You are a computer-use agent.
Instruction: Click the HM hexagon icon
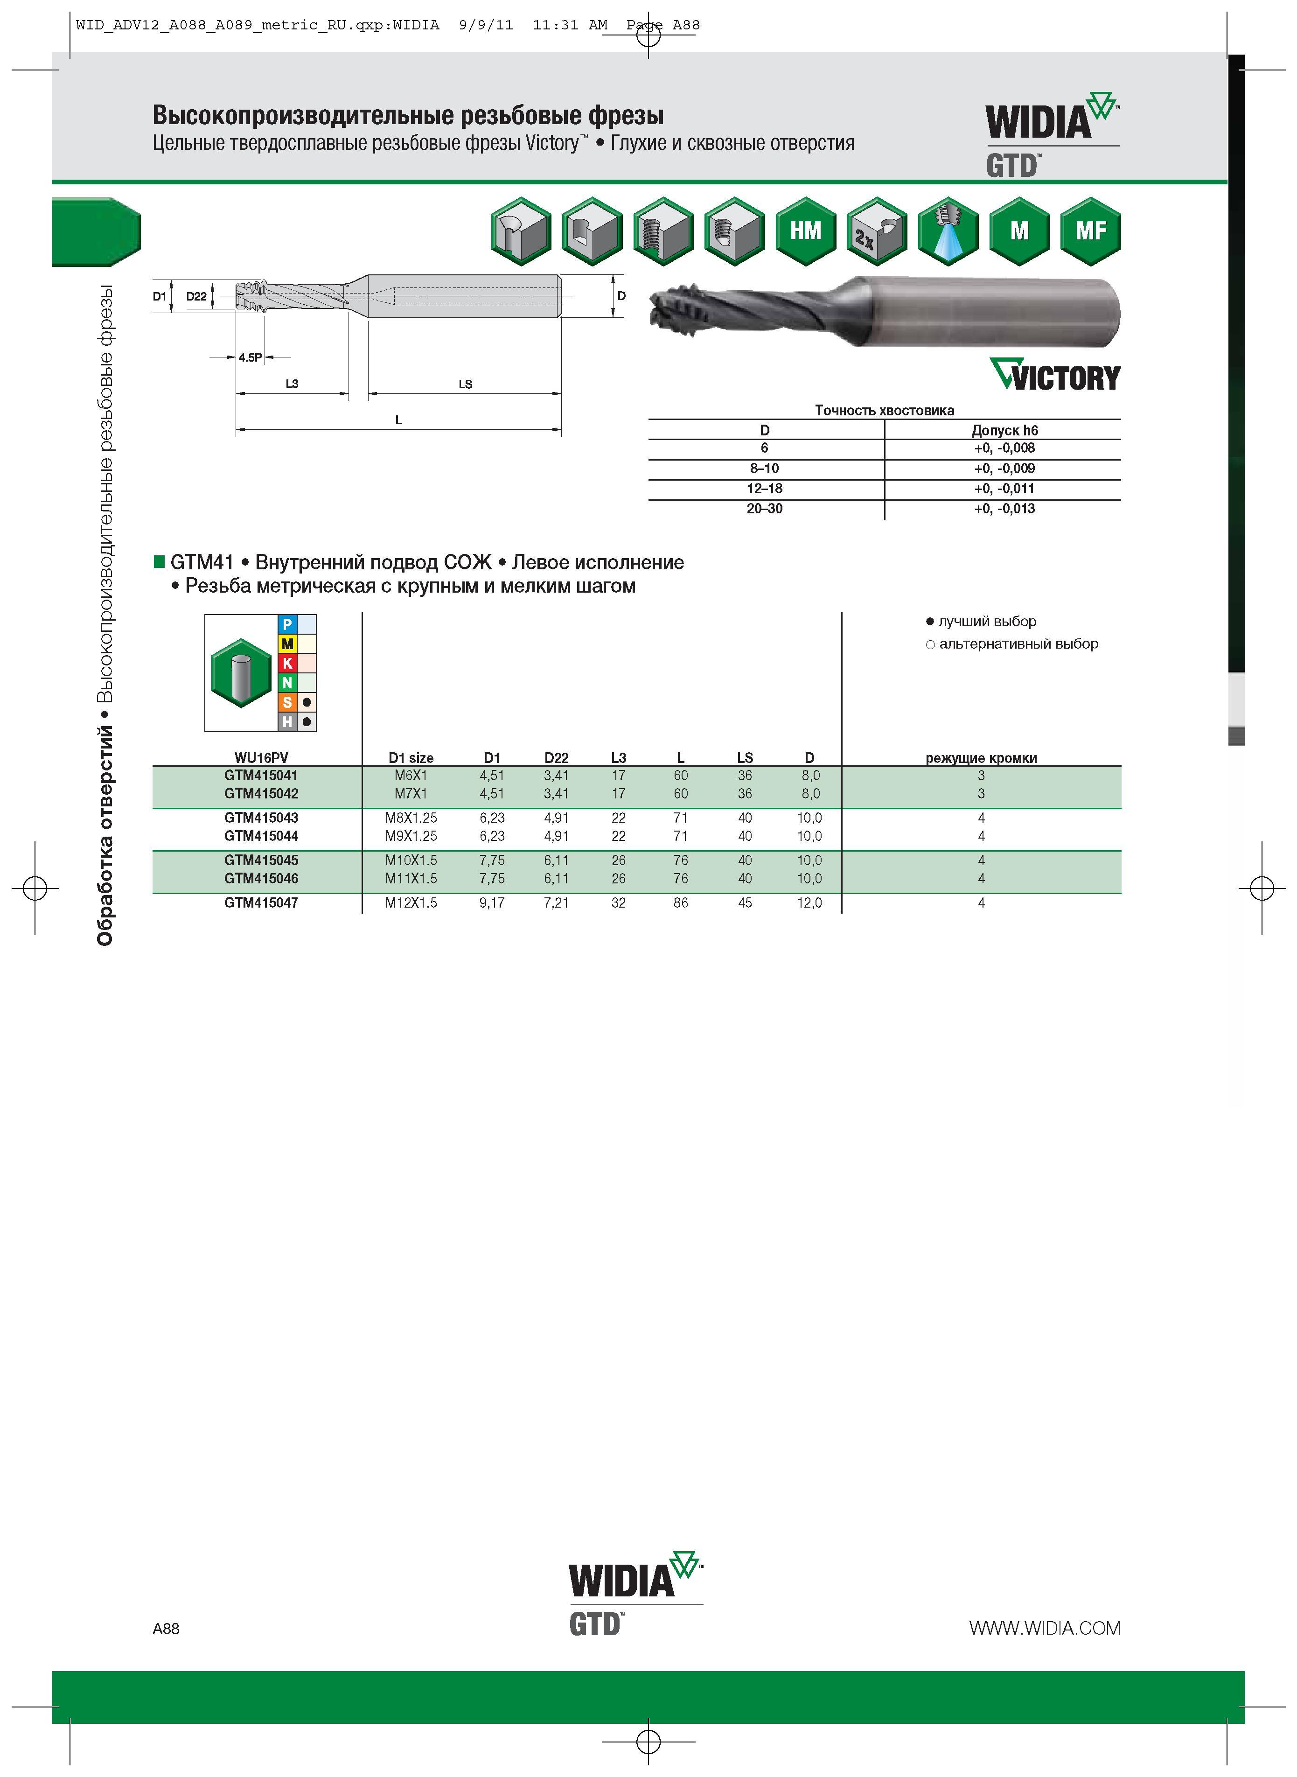pyautogui.click(x=806, y=231)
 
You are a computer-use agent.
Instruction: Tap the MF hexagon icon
pyautogui.click(x=1090, y=231)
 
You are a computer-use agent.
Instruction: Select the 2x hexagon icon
pyautogui.click(x=877, y=231)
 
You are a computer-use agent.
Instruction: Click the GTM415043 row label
pyautogui.click(x=261, y=818)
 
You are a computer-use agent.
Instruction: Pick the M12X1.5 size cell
pyautogui.click(x=411, y=902)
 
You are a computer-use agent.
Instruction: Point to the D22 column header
pyautogui.click(x=556, y=758)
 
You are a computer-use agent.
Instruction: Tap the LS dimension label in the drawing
pyautogui.click(x=466, y=384)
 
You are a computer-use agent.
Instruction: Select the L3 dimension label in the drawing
pyautogui.click(x=292, y=384)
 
